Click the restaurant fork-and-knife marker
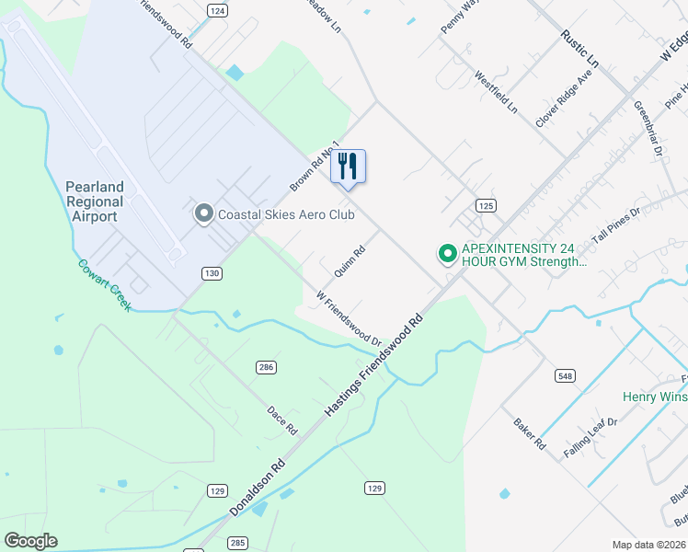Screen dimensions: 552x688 tap(348, 167)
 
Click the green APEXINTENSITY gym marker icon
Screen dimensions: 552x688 tap(447, 252)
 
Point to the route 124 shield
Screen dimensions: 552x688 tap(217, 10)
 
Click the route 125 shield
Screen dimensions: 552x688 tap(487, 204)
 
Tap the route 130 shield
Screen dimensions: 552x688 tap(212, 273)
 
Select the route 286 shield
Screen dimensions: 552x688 tap(265, 367)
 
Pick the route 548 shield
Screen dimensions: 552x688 tap(565, 375)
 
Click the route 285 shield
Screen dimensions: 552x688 tap(236, 543)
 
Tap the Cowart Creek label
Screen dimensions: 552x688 tap(104, 283)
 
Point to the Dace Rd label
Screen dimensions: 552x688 tap(281, 421)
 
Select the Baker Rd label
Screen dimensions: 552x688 tap(530, 433)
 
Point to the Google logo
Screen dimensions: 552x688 tap(30, 541)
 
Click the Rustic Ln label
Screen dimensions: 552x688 tap(580, 48)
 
